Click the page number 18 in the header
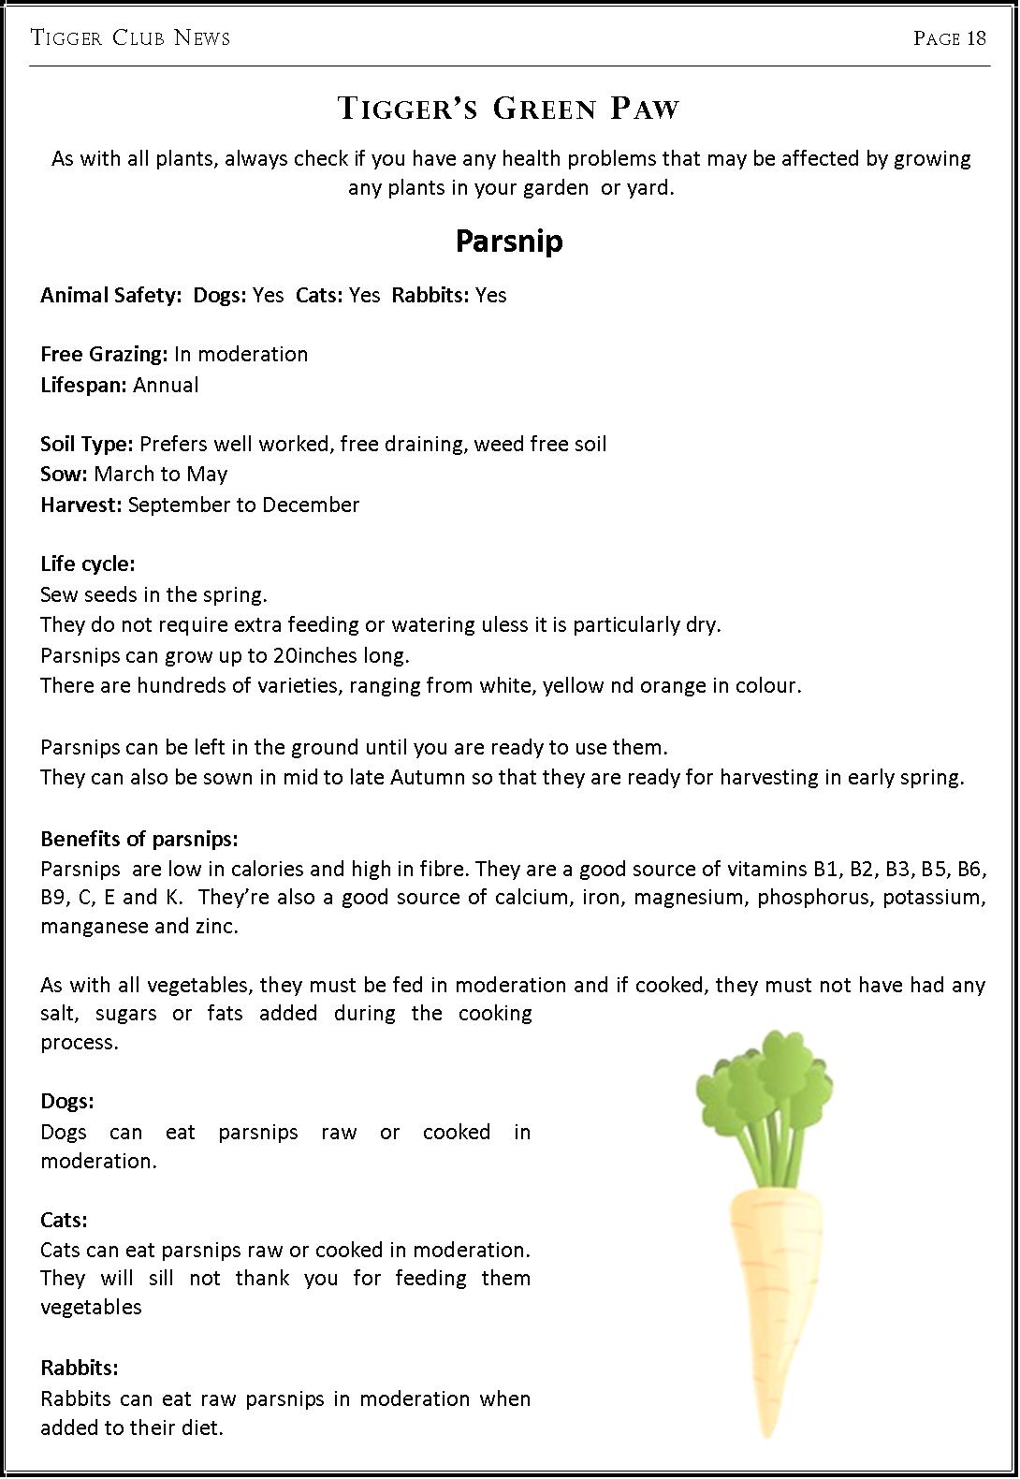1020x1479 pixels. coord(976,38)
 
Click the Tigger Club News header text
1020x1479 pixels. coord(130,38)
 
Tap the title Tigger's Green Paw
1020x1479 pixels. coord(508,109)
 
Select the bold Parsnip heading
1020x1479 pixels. coord(509,242)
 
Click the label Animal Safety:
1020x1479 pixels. coord(110,296)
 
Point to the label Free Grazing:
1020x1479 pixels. coord(104,355)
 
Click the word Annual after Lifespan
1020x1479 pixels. coord(166,386)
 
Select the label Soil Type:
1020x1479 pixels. coord(87,444)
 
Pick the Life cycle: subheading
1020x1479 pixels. coord(88,564)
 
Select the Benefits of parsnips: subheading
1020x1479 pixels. coord(139,839)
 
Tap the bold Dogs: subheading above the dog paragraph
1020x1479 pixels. coord(67,1102)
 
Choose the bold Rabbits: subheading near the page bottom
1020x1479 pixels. coord(80,1369)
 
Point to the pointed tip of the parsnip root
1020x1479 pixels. coord(768,1430)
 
